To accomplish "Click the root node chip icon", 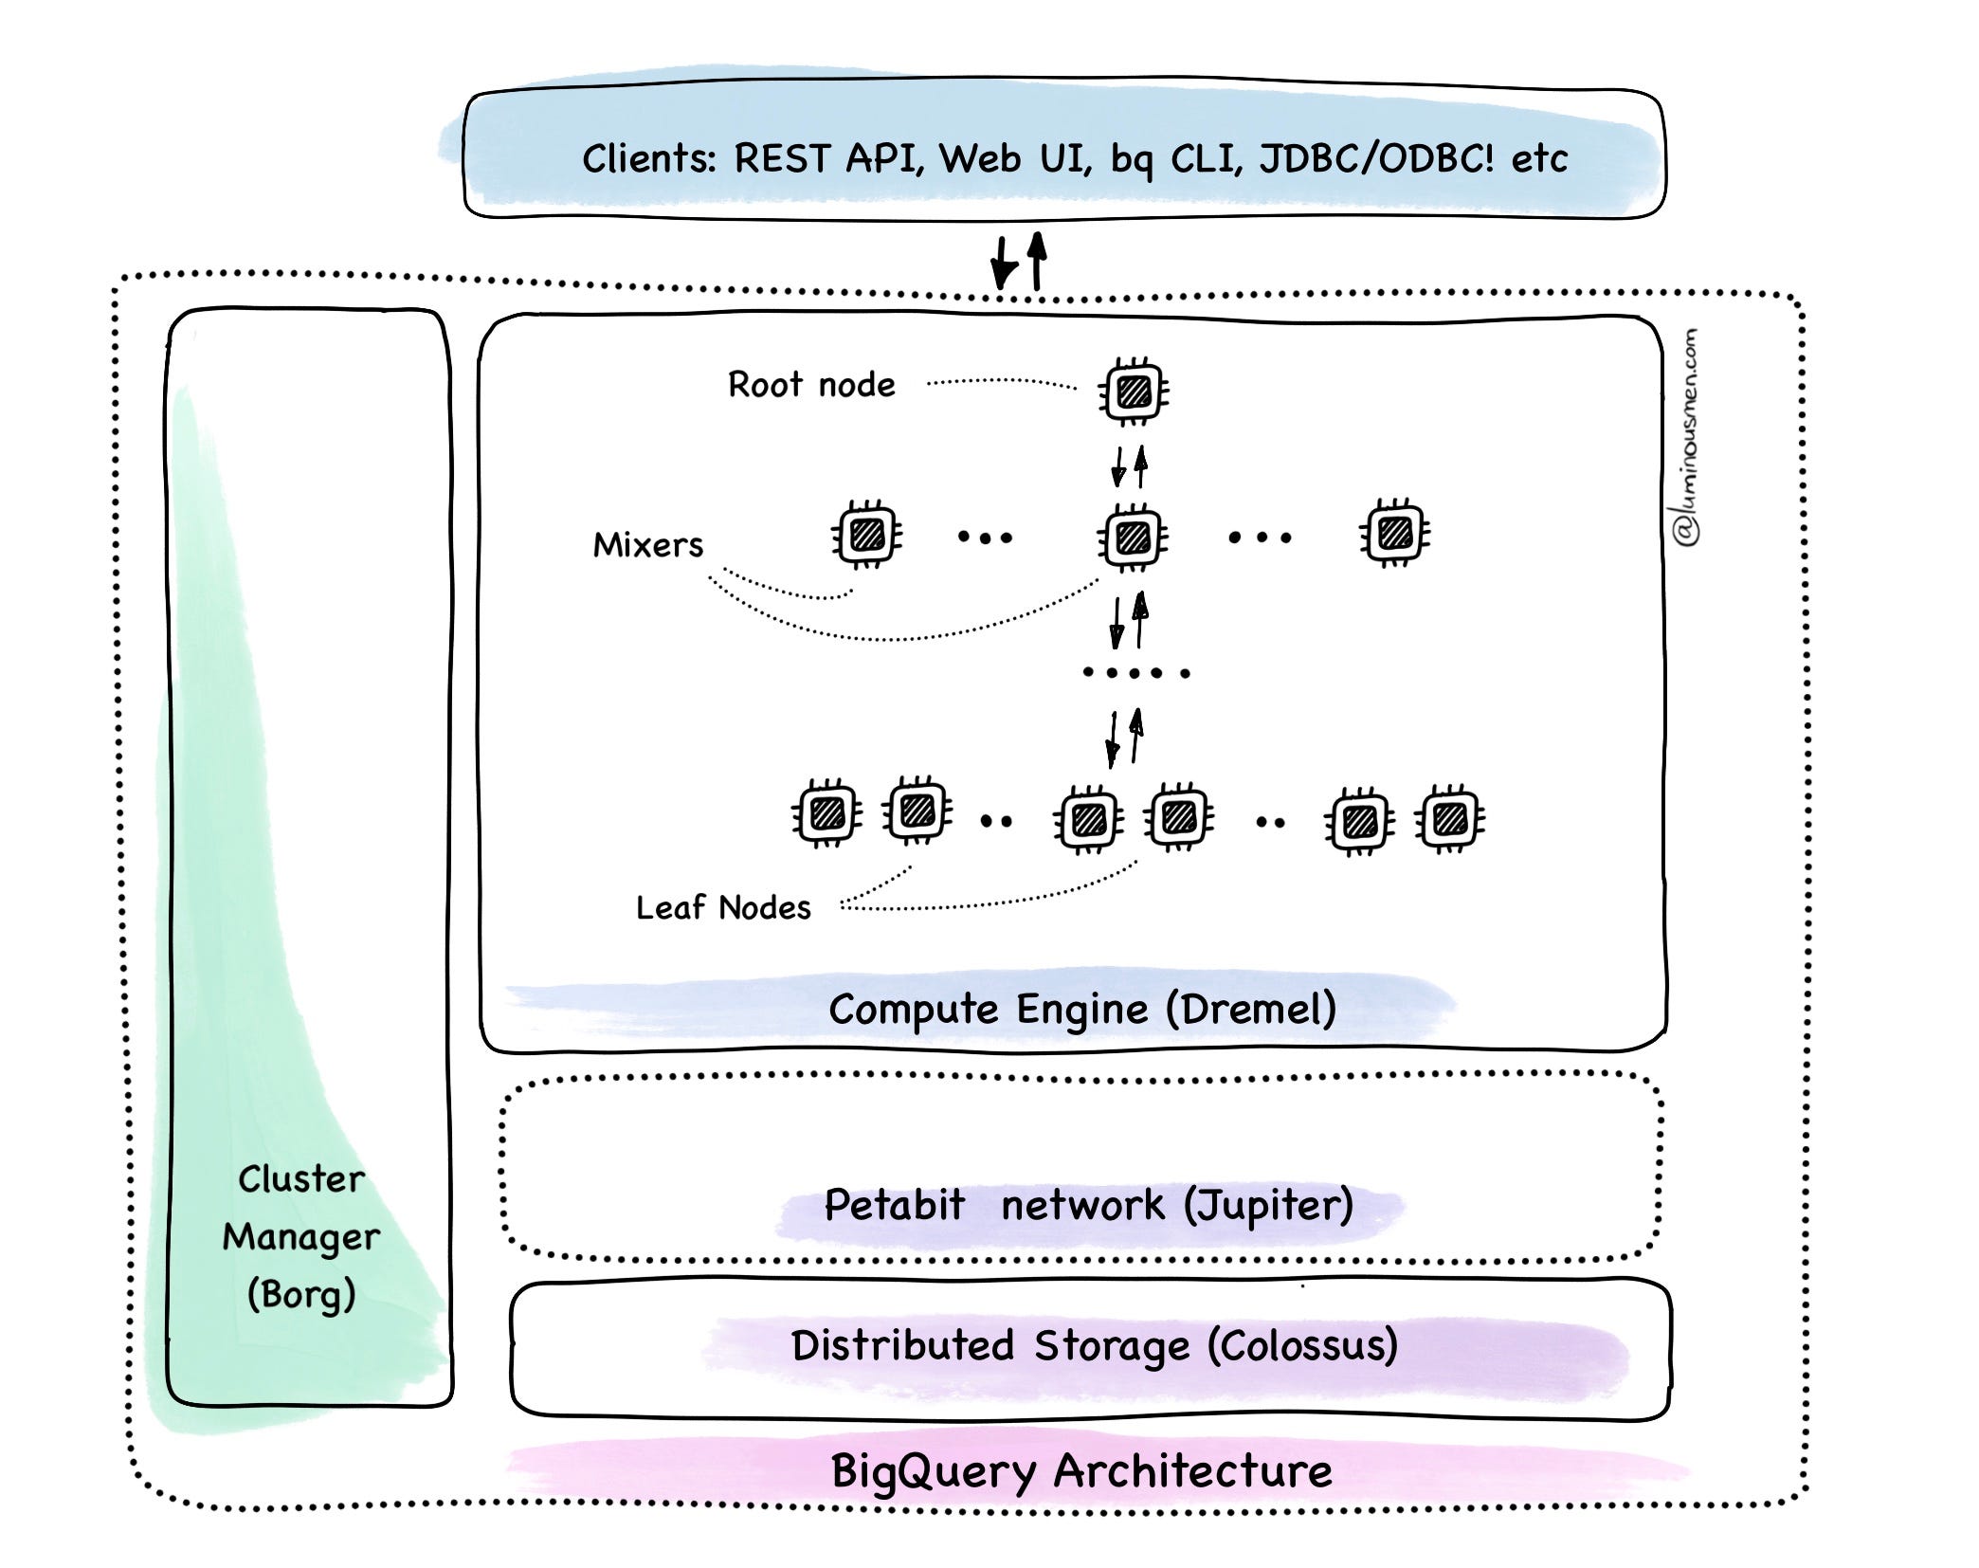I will pyautogui.click(x=1134, y=391).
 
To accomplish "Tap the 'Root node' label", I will pyautogui.click(x=811, y=385).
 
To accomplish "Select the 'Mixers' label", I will pyautogui.click(x=648, y=545).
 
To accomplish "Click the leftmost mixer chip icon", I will pyautogui.click(x=867, y=535).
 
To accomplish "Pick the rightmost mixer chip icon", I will pyautogui.click(x=1395, y=533).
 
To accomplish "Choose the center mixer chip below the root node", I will pyautogui.click(x=1134, y=538).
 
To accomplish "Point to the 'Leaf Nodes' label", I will pyautogui.click(x=723, y=907).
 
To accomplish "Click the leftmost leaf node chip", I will pyautogui.click(x=827, y=813).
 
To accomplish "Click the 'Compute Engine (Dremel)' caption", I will pyautogui.click(x=1082, y=1009).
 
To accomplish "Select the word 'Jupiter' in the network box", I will pyautogui.click(x=1270, y=1205).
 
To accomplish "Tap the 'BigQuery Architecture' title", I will pyautogui.click(x=1081, y=1471).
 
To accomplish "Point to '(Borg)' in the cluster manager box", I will pyautogui.click(x=301, y=1295).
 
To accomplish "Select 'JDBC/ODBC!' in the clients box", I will pyautogui.click(x=1376, y=158).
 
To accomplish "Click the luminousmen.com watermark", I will pyautogui.click(x=1686, y=438).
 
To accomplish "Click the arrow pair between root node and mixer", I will pyautogui.click(x=1130, y=465).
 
